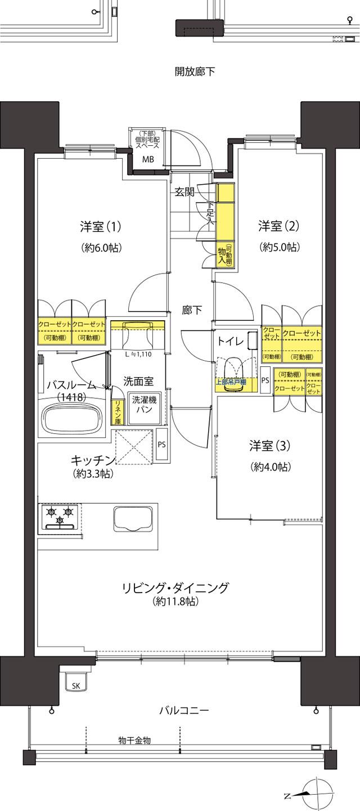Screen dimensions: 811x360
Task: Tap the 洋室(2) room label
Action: pos(279,226)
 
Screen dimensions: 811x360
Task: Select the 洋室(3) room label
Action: pos(271,446)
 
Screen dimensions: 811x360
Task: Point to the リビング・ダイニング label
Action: pos(176,588)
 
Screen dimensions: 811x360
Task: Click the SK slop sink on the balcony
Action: pos(75,685)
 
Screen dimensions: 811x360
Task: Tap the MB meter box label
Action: pos(147,159)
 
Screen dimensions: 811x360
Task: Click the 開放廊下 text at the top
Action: pos(195,72)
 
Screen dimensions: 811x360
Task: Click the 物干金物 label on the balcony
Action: pos(134,739)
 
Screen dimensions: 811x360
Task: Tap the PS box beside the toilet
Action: pos(265,380)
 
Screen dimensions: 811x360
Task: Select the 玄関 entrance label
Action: pos(184,191)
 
